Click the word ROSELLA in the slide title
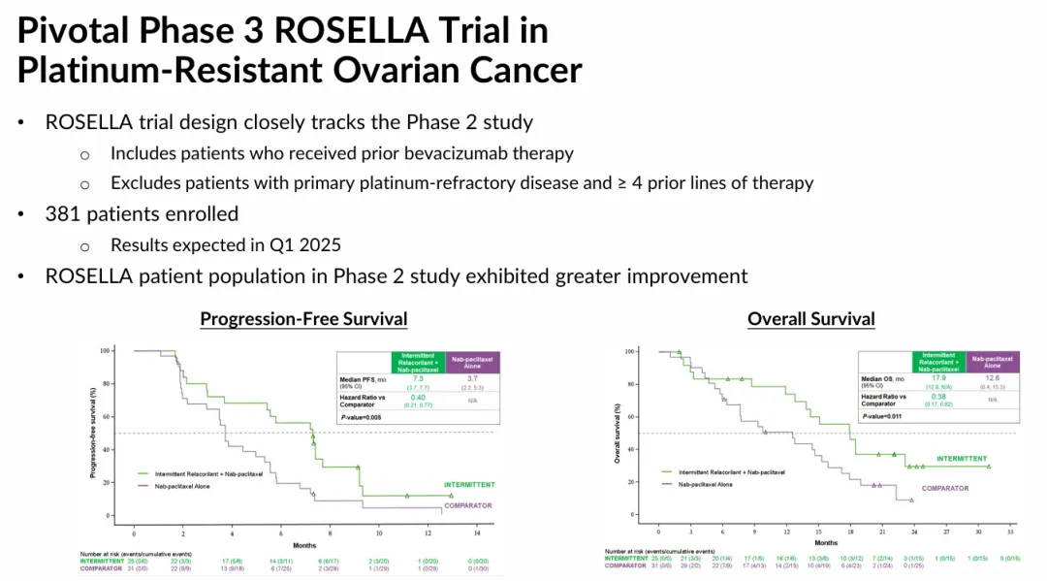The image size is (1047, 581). click(352, 30)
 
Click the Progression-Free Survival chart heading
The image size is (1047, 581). click(303, 319)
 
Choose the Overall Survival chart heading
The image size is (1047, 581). click(811, 319)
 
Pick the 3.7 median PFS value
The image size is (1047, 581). click(468, 379)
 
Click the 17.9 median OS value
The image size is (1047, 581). click(936, 378)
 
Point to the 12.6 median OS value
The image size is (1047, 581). click(992, 378)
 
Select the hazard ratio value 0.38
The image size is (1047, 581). click(936, 396)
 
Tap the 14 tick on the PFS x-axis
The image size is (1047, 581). click(476, 533)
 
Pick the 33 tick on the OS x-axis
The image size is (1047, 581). click(1010, 532)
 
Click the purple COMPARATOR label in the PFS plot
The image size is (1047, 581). click(468, 505)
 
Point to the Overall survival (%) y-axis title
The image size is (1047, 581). click(617, 433)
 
